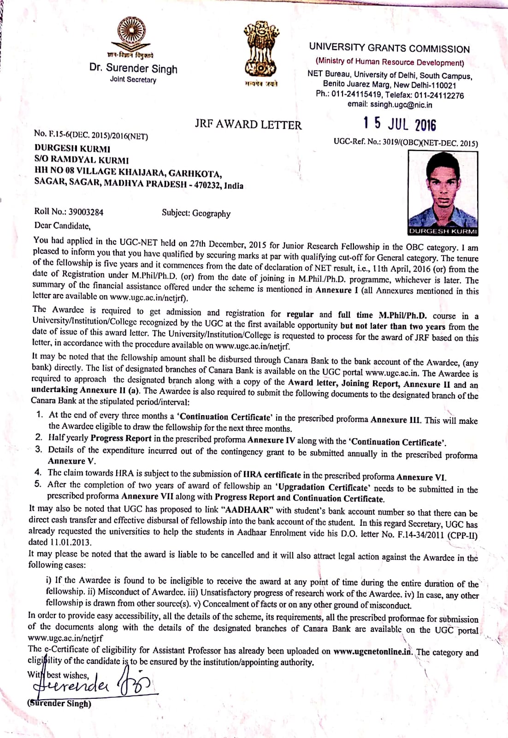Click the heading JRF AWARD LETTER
tap(248, 125)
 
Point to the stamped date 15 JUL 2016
tap(399, 124)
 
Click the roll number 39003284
tap(86, 212)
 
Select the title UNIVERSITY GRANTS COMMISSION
tap(389, 48)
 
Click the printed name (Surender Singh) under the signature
tap(59, 703)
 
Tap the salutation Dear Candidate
tap(62, 226)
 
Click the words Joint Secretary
tap(133, 80)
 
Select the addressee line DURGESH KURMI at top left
tap(72, 149)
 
